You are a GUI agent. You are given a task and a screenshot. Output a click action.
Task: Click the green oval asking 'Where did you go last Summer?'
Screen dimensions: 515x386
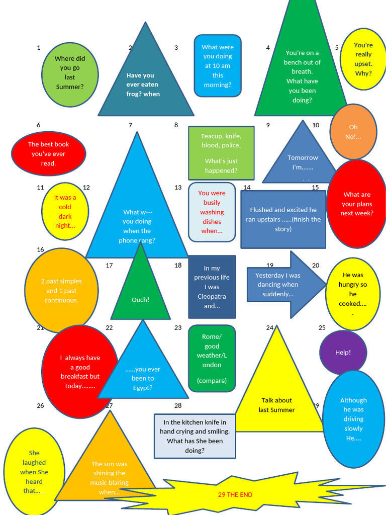tap(70, 74)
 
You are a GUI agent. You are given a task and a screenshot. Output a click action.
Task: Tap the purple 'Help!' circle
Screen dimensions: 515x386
tap(343, 353)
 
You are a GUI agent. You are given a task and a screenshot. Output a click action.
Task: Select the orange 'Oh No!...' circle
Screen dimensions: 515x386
tap(353, 132)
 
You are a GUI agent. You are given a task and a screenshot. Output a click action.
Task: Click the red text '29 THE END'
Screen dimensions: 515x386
tap(235, 495)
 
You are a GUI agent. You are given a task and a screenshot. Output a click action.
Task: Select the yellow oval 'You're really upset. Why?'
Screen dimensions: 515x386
tap(363, 59)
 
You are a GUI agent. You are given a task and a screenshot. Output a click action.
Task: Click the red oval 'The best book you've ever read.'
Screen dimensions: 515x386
tap(48, 154)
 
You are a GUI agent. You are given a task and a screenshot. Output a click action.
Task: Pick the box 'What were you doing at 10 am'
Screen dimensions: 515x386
tap(218, 66)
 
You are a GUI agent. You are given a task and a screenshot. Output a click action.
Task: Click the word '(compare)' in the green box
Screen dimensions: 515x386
tap(212, 381)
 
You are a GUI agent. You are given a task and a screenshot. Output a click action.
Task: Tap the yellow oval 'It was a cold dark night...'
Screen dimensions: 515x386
tap(65, 212)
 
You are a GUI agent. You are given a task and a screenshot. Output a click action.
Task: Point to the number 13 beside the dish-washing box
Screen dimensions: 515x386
tap(178, 188)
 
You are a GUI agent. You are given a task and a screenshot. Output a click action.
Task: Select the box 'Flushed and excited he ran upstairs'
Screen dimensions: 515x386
tap(283, 219)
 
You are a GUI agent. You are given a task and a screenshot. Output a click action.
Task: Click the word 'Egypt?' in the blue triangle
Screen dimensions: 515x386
tap(143, 388)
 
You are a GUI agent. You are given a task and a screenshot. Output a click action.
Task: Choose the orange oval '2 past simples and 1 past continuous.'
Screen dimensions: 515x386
tap(61, 291)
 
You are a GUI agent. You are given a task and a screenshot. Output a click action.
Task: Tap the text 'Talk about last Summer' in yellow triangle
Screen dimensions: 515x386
tap(276, 405)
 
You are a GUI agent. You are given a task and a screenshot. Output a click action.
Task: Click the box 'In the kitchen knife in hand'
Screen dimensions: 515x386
tap(195, 436)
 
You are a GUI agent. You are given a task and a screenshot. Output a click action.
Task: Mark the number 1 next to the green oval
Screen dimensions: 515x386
tap(39, 48)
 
